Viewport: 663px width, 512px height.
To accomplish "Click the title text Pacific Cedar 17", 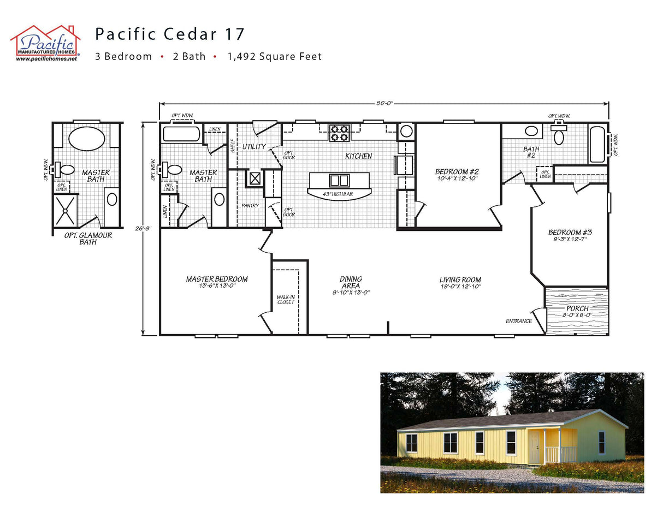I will (170, 34).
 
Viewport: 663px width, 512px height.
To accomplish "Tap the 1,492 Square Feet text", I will (275, 56).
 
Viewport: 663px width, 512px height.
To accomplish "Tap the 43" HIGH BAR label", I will (338, 194).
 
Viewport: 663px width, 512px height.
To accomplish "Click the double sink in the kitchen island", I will (339, 180).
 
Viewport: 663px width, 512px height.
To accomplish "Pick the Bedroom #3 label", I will (570, 233).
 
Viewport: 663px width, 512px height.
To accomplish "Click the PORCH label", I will (577, 308).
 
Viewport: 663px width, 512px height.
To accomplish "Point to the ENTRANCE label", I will (518, 321).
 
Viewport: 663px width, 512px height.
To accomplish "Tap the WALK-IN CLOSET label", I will (285, 300).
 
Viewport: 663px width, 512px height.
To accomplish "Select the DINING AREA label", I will (351, 282).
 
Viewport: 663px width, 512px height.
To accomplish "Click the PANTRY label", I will (250, 206).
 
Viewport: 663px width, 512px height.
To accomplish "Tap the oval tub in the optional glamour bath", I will (86, 138).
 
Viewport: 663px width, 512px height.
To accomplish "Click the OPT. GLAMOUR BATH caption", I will (87, 239).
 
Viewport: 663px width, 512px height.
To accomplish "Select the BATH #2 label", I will (531, 152).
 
